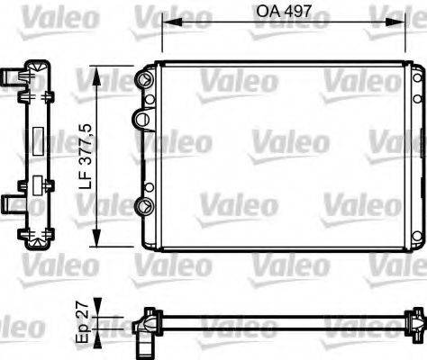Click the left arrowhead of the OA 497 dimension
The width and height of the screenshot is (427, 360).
coord(164,23)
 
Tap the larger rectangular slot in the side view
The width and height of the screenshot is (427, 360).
coord(38,143)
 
